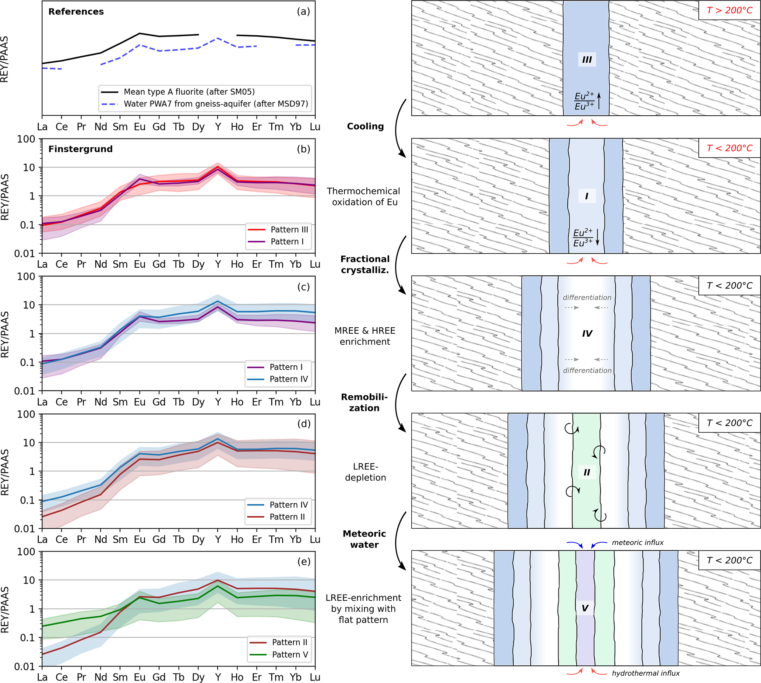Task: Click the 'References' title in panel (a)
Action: click(x=76, y=12)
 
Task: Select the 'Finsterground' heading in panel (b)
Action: click(x=80, y=149)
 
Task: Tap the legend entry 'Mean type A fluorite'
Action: click(x=189, y=92)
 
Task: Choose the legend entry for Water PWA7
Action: click(x=215, y=104)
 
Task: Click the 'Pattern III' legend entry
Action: click(x=289, y=230)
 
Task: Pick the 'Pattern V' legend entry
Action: click(x=290, y=655)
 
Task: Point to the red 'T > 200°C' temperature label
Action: click(x=729, y=10)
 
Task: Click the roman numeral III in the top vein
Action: click(x=586, y=60)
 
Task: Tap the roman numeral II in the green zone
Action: click(x=586, y=472)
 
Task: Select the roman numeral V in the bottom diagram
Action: click(x=585, y=608)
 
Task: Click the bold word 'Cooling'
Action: click(x=365, y=126)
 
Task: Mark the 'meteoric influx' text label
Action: click(x=638, y=543)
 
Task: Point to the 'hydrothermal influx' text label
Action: click(x=645, y=673)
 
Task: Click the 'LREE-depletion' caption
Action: click(x=365, y=472)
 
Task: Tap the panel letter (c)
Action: click(x=303, y=287)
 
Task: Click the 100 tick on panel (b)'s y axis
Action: click(x=26, y=139)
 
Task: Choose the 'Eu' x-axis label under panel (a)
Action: click(x=140, y=127)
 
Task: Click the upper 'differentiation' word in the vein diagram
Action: click(x=587, y=298)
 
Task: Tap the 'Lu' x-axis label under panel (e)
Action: click(x=314, y=677)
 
